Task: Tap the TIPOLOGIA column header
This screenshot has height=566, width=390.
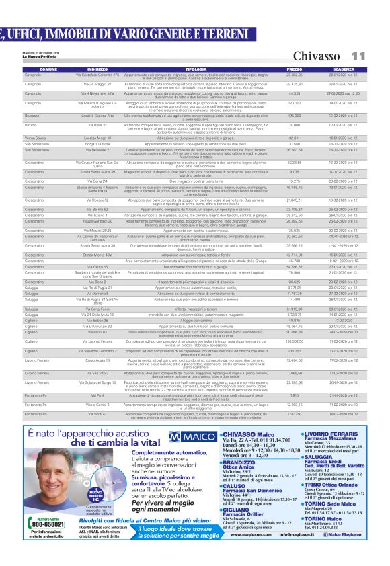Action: coord(196,69)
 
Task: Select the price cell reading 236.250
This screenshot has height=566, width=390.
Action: coord(295,351)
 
